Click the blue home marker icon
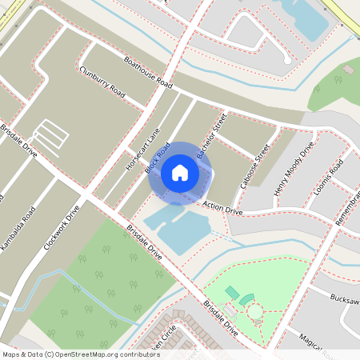pos(180,172)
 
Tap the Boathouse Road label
pos(148,72)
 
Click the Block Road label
pos(158,158)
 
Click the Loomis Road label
pos(330,177)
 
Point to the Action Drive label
pos(222,207)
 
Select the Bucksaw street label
pos(344,298)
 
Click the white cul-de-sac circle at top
pos(287,59)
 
